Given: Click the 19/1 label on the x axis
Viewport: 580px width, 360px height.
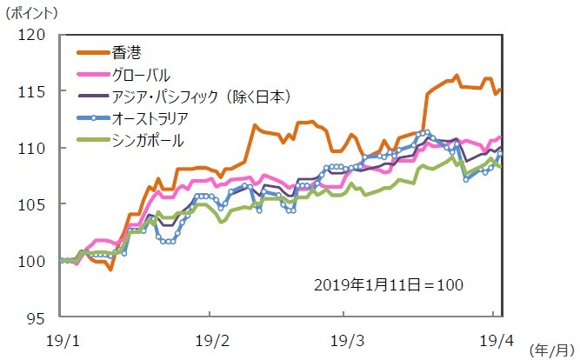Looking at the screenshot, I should (59, 336).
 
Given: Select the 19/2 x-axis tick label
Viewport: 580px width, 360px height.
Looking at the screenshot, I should (210, 336).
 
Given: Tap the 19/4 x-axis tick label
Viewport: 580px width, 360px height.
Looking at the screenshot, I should (493, 336).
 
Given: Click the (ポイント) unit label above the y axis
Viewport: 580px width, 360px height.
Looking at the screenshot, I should (31, 13).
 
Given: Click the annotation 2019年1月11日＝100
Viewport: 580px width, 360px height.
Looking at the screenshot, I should (389, 284).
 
